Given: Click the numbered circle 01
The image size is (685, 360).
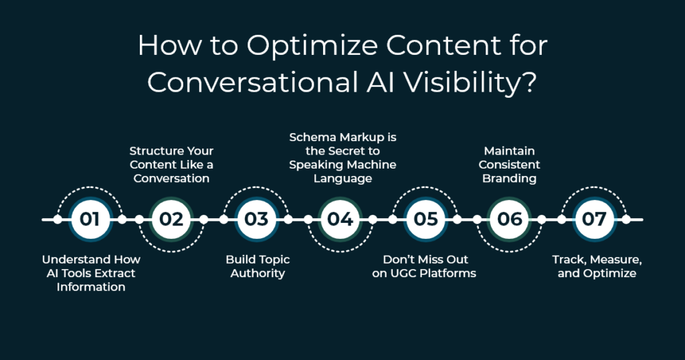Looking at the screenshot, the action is point(90,219).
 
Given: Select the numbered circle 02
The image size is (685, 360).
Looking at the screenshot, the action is point(171,219).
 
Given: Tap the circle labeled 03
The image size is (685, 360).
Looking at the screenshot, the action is point(256,219).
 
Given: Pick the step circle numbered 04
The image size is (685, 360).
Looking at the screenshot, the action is point(340,219).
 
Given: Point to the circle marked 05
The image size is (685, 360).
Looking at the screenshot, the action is point(425,219).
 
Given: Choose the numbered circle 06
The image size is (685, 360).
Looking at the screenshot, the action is point(509,219).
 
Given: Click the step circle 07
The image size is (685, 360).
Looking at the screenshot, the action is point(594,219).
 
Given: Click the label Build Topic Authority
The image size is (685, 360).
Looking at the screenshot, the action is point(258,266).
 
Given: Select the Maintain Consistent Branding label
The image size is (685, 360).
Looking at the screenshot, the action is point(509,164).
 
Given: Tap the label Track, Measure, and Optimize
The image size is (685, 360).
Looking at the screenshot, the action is point(597,266).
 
